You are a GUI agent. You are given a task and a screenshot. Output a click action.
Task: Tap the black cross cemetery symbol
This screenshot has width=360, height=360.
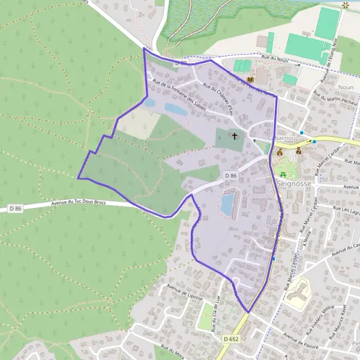tap(235, 137)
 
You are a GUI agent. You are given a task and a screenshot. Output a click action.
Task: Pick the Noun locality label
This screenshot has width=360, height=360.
tap(346, 87)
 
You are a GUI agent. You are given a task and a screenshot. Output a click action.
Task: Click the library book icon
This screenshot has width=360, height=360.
tap(250, 80)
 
